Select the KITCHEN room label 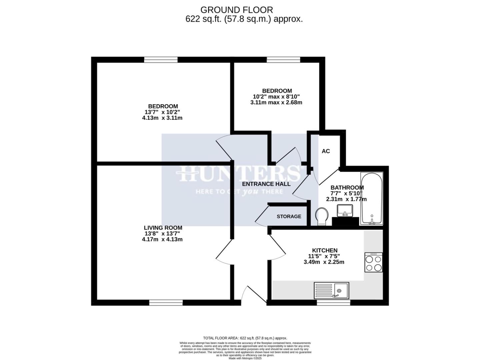point(324,250)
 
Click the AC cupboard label point(326,151)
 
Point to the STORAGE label point(289,217)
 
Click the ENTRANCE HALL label point(266,184)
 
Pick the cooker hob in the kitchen point(373,262)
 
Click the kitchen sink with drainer point(331,290)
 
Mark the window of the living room point(166,302)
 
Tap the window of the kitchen point(333,302)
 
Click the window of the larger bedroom point(161,60)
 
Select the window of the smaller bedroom point(283,60)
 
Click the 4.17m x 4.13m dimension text point(162,239)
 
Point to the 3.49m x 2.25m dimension point(324,262)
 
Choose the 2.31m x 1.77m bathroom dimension point(346,199)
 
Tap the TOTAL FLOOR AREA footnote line point(245,338)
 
